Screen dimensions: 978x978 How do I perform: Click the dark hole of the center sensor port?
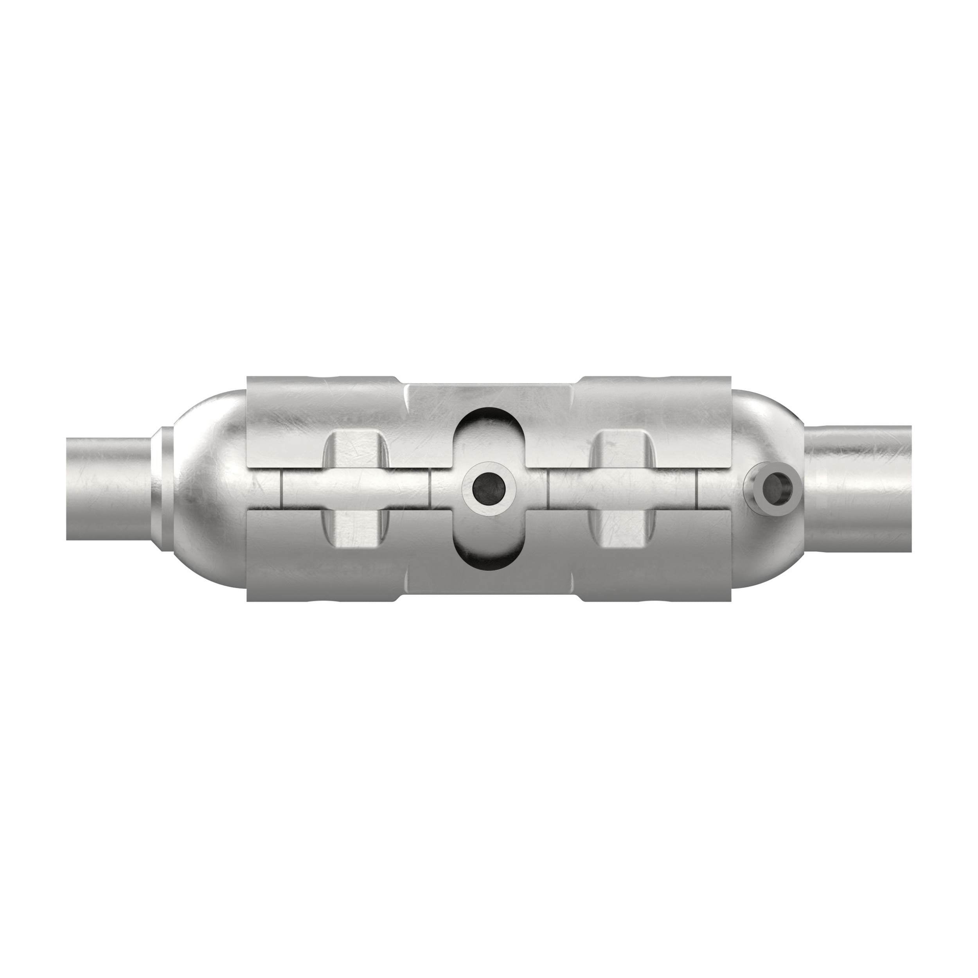coord(489,489)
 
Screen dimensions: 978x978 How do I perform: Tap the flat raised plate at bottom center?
coord(489,582)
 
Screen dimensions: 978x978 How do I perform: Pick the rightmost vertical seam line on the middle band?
coord(698,489)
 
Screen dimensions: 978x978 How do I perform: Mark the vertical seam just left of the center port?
coord(430,489)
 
